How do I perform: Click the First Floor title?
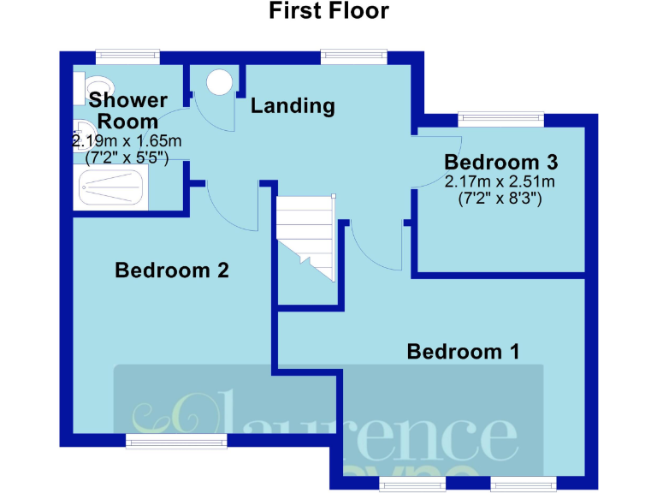click(328, 11)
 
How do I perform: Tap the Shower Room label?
click(127, 110)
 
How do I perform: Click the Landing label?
click(292, 106)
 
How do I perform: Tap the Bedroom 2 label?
click(172, 270)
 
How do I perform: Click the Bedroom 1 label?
click(463, 351)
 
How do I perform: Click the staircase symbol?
click(305, 235)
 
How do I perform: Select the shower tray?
click(112, 187)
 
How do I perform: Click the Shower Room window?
click(127, 56)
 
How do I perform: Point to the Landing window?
click(355, 56)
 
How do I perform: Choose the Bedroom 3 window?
click(501, 119)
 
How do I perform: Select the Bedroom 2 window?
click(176, 440)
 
